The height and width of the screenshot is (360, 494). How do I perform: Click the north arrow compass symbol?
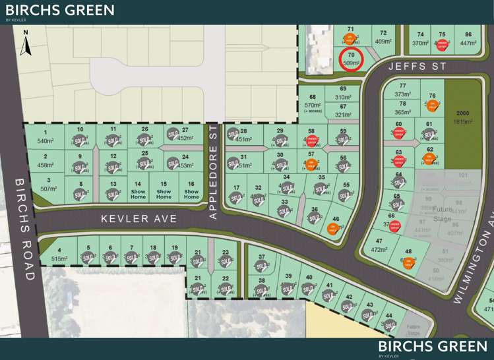pyautogui.click(x=25, y=43)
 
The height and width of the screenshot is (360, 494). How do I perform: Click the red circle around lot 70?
pyautogui.click(x=352, y=59)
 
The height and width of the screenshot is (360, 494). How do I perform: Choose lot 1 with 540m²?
pyautogui.click(x=45, y=137)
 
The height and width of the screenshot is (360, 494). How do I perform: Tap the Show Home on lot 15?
pyautogui.click(x=164, y=190)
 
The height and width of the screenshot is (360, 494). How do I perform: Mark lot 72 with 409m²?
pyautogui.click(x=383, y=38)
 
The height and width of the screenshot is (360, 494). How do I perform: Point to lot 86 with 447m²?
pyautogui.click(x=468, y=39)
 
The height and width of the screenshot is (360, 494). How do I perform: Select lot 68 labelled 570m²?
pyautogui.click(x=312, y=102)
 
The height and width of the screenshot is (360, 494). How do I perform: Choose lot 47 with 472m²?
pyautogui.click(x=379, y=247)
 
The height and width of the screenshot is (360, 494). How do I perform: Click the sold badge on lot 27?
pyautogui.click(x=173, y=134)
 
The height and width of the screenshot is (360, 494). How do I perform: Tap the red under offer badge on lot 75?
pyautogui.click(x=443, y=45)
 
